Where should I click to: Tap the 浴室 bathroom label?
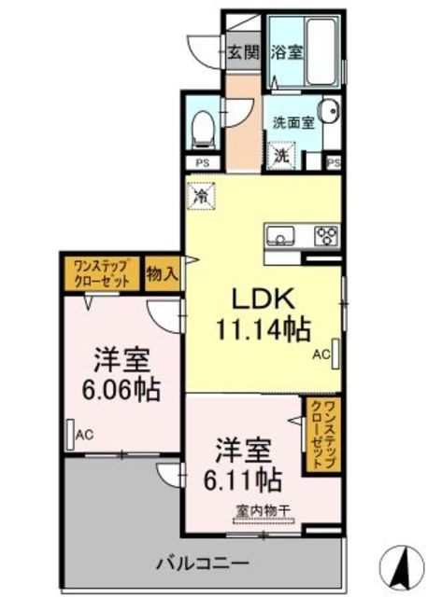[285, 53]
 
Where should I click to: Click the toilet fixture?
[202, 127]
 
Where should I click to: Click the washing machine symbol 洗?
[279, 156]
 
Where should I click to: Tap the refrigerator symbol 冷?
[200, 197]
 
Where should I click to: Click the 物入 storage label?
[162, 274]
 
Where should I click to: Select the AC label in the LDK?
[321, 354]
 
